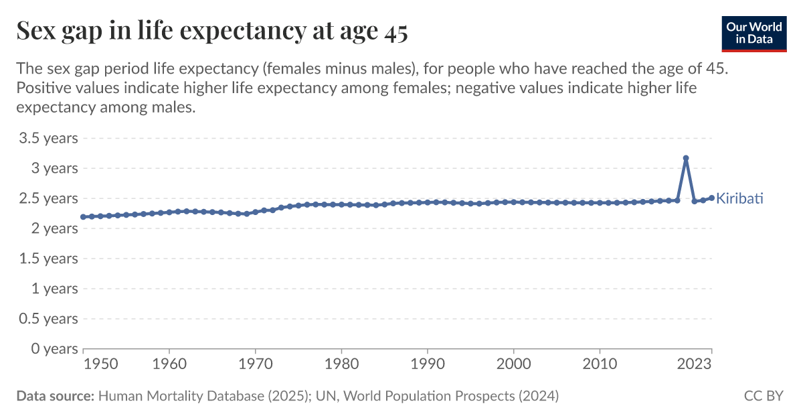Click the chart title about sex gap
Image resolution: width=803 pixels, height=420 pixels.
(211, 31)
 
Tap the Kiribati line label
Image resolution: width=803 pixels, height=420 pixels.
(739, 199)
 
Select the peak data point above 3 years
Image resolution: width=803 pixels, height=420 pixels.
(686, 158)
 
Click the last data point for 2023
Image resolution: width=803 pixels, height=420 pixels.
(711, 198)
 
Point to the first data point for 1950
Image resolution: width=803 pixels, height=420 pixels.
(83, 217)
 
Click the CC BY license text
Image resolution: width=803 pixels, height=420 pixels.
(763, 397)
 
